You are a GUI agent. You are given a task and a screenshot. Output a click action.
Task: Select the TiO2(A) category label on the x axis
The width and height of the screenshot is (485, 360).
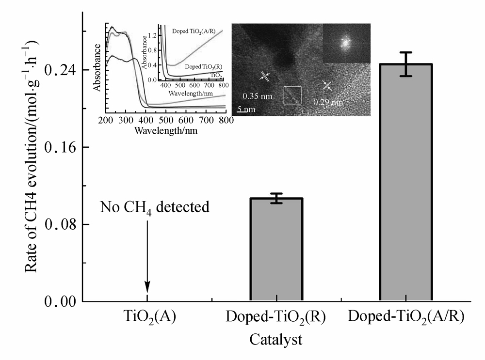tap(149, 317)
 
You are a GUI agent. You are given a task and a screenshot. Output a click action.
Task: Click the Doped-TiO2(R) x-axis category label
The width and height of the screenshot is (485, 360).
tap(275, 317)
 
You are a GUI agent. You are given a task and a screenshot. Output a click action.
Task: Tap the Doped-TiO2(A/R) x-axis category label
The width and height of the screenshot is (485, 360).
tap(406, 317)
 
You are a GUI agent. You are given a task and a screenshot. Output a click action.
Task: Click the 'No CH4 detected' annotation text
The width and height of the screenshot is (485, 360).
tap(155, 208)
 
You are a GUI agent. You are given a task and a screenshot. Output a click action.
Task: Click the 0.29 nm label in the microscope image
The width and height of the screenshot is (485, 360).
tap(327, 102)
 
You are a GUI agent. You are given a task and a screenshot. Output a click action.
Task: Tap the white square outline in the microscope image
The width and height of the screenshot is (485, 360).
tap(292, 95)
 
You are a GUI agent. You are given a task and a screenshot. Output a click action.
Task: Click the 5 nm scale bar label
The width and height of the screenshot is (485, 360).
tap(246, 110)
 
